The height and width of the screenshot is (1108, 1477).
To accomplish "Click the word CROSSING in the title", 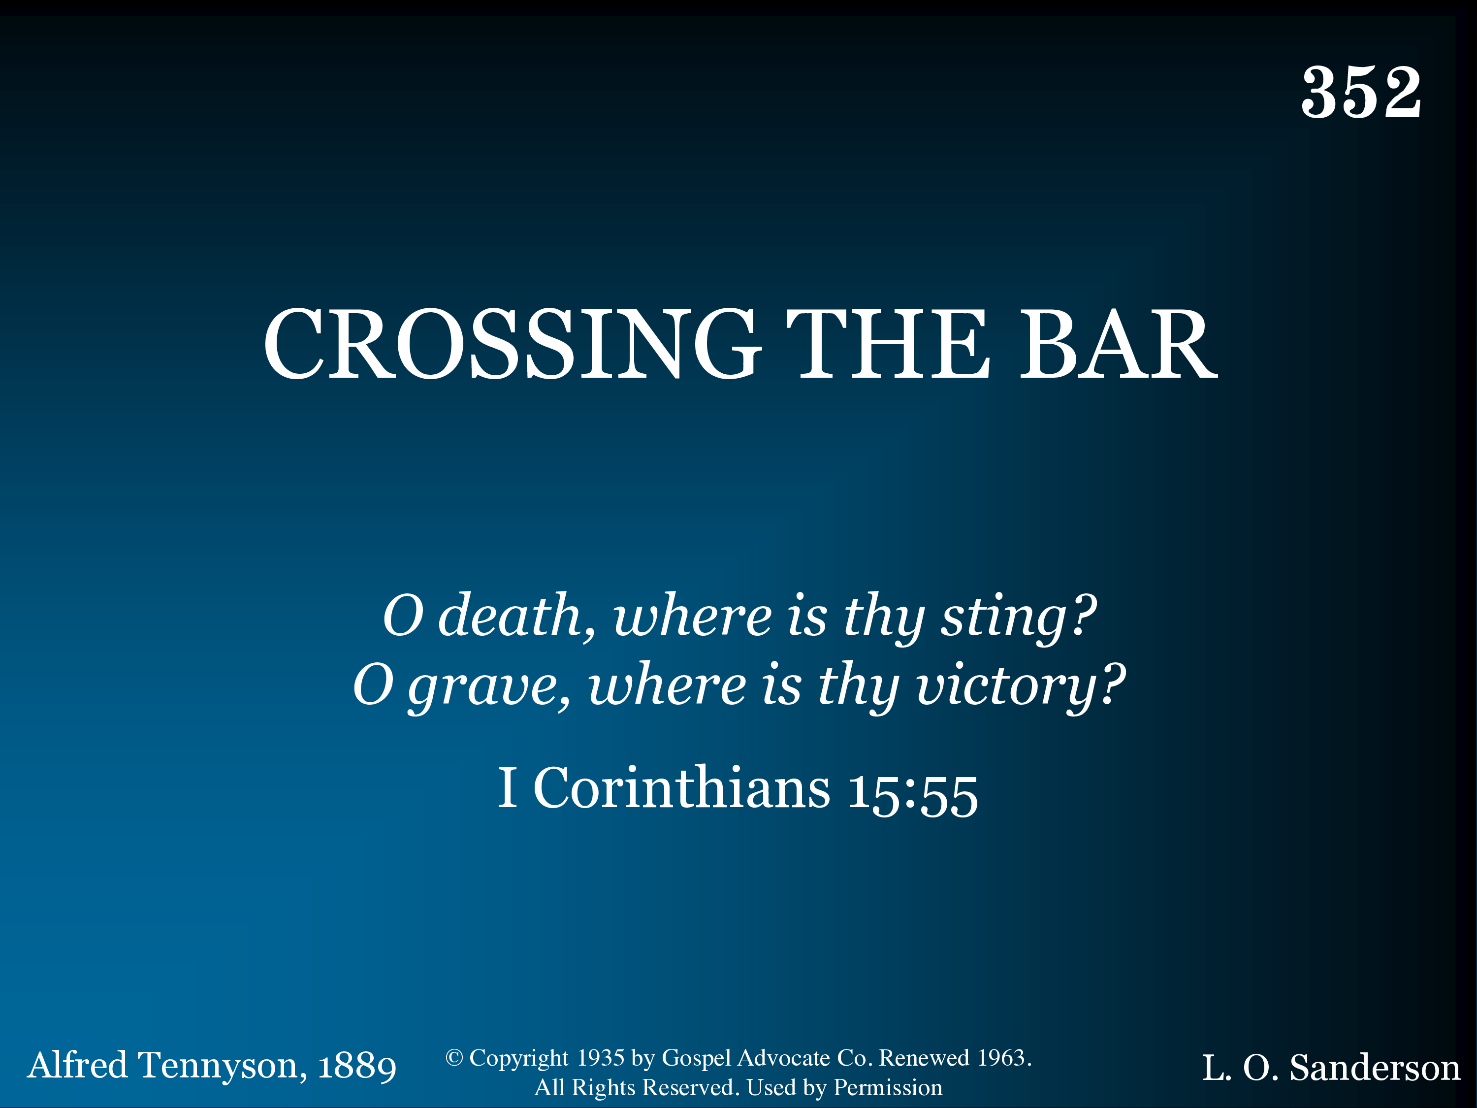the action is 512,345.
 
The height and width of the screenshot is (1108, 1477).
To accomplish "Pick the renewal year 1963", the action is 1001,1058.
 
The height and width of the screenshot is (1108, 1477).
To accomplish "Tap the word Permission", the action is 888,1088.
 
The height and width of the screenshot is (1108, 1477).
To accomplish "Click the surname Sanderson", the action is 1374,1067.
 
